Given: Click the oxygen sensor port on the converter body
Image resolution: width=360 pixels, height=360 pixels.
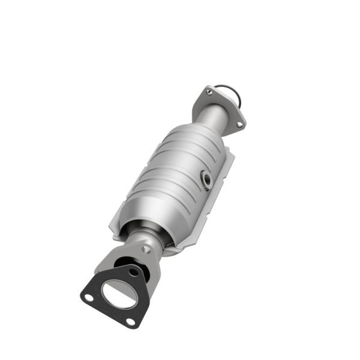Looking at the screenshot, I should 206,179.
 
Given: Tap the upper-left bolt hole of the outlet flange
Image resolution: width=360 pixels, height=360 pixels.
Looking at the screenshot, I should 209,92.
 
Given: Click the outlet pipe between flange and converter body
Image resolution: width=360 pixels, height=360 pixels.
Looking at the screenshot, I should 213,120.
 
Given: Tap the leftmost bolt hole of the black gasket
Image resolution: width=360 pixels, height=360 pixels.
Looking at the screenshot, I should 89,298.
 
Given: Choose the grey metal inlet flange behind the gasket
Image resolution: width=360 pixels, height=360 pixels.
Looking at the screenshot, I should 108,264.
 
